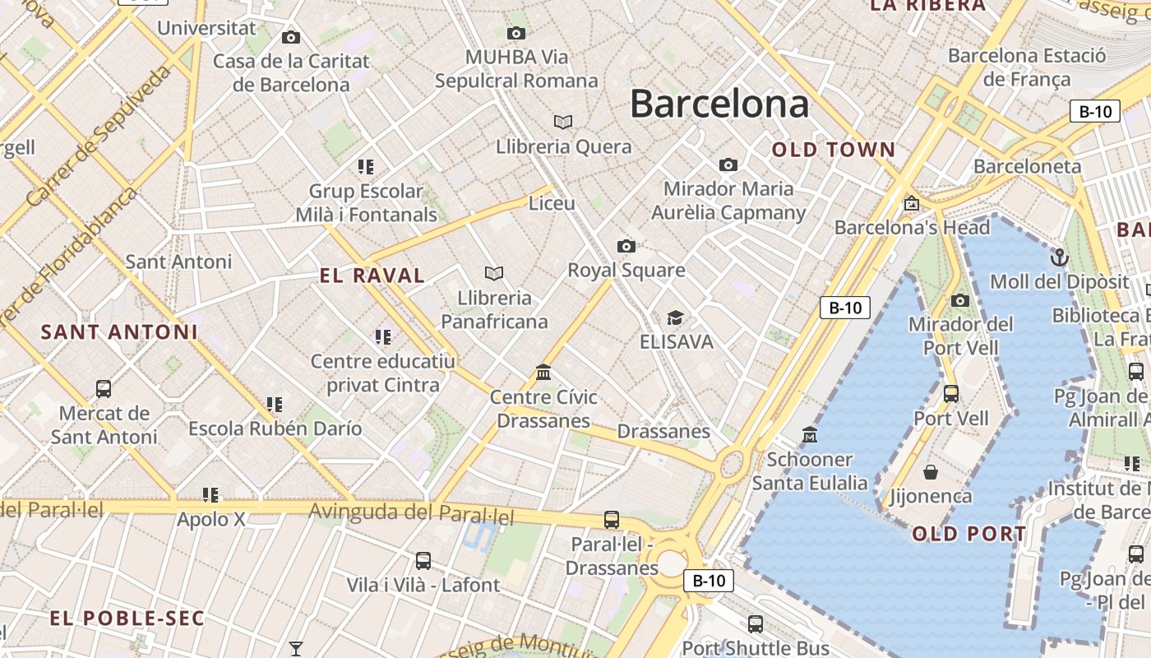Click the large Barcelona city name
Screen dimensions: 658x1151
click(719, 104)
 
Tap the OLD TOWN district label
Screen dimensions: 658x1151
click(834, 150)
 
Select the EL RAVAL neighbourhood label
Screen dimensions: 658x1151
click(372, 276)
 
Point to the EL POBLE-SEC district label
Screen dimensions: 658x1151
click(127, 619)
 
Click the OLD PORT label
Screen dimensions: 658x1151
click(969, 534)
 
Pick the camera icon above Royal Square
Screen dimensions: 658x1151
click(626, 246)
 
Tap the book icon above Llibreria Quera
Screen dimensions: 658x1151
click(563, 122)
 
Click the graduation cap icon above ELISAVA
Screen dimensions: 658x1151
click(675, 317)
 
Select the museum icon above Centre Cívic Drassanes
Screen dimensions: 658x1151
click(543, 373)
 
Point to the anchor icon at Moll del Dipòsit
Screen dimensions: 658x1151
click(1059, 257)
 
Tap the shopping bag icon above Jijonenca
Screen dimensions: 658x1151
click(931, 472)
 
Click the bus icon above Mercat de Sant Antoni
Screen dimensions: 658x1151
click(104, 388)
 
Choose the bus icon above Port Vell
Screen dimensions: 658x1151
click(951, 393)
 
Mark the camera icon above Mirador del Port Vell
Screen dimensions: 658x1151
click(959, 300)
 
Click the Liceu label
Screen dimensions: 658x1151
click(552, 202)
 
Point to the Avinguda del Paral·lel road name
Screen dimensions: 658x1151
click(411, 514)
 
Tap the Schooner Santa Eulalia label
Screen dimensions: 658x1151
click(809, 470)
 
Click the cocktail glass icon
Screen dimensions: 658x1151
click(295, 649)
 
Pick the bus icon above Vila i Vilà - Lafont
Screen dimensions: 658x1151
click(423, 561)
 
